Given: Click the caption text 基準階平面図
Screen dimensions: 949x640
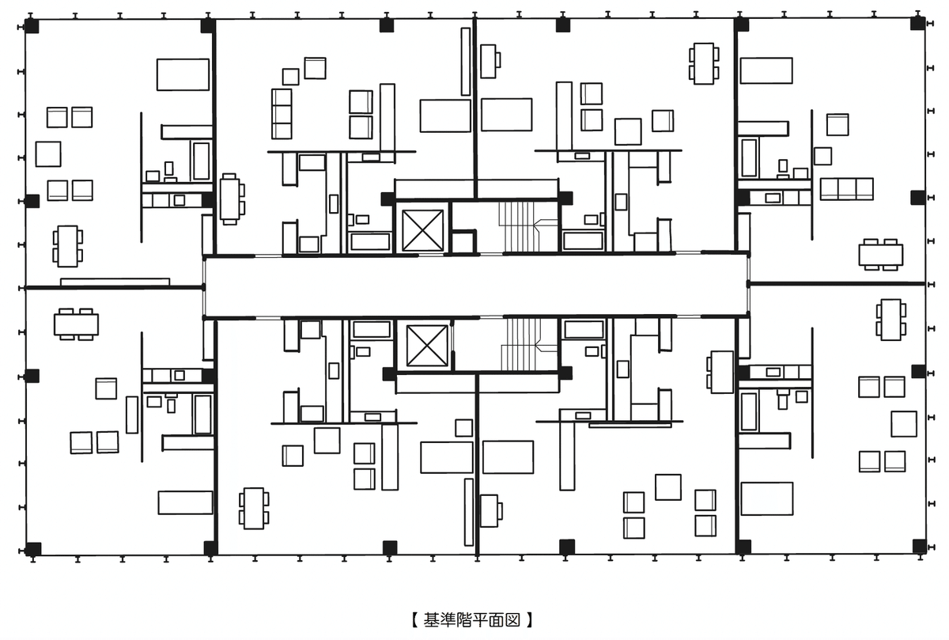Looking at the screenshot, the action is [471, 620].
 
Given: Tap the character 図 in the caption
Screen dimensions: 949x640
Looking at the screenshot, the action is [512, 620].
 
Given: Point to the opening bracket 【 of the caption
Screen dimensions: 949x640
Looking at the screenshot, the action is [415, 620].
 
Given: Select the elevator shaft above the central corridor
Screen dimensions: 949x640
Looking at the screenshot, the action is [422, 230].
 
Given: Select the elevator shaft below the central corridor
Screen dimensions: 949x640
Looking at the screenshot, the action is [426, 346].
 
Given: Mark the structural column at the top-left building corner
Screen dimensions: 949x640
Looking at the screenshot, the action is [32, 26].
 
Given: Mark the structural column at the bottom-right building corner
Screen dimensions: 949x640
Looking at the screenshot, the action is [919, 547].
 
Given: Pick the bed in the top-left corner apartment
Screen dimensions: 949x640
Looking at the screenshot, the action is [183, 74].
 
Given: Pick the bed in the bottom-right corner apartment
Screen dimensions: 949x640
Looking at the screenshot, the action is [767, 498].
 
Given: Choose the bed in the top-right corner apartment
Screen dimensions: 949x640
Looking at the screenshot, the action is [766, 70].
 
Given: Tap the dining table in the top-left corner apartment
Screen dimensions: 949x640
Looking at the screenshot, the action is [68, 246].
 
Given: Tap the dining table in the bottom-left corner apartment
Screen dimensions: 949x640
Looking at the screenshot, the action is [76, 324].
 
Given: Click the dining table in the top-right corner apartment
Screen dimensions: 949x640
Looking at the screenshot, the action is [881, 255].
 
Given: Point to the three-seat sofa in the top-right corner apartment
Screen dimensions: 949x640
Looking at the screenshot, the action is [846, 189].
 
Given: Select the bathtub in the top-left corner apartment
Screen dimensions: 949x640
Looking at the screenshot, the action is [201, 161].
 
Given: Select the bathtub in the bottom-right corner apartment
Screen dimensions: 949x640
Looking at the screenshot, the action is [749, 412].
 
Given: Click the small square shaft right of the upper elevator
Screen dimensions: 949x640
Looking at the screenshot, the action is [463, 242].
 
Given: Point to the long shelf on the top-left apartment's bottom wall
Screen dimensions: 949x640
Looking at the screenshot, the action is [115, 282].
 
